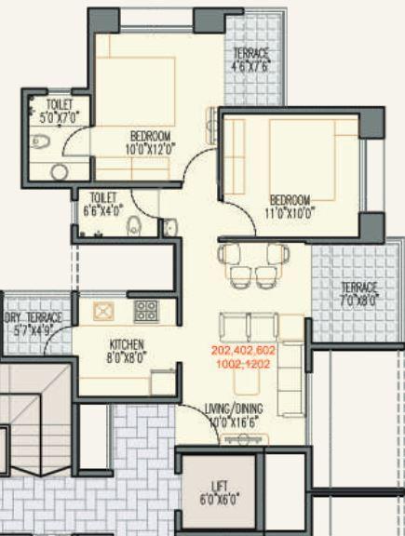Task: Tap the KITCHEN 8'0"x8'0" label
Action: [126, 350]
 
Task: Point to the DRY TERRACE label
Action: [34, 324]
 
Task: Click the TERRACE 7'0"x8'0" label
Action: [358, 293]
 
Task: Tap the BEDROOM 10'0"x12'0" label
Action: [148, 141]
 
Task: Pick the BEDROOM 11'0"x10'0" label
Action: [291, 205]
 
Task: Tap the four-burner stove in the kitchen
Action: [146, 310]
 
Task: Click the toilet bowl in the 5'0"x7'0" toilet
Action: [39, 142]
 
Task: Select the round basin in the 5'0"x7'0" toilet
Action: [60, 172]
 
